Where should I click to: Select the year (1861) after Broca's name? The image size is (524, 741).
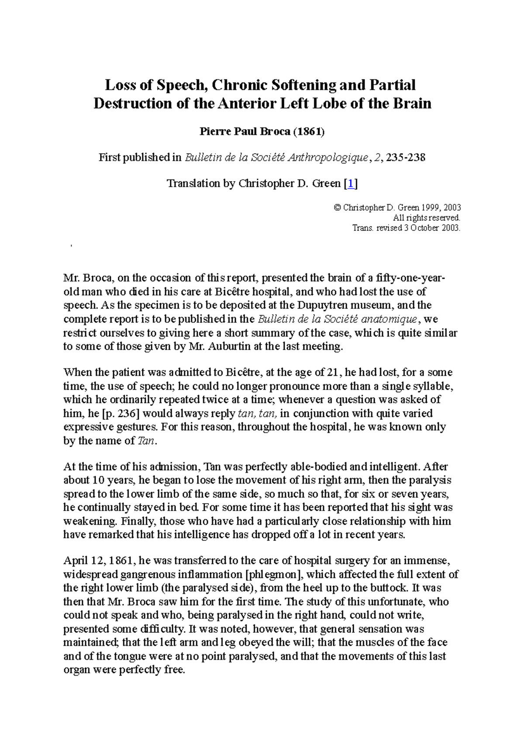click(x=309, y=131)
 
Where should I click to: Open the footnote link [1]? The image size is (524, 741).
click(x=351, y=183)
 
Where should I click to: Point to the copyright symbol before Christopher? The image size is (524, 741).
click(x=337, y=208)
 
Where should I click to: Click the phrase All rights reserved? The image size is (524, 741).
click(x=427, y=218)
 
